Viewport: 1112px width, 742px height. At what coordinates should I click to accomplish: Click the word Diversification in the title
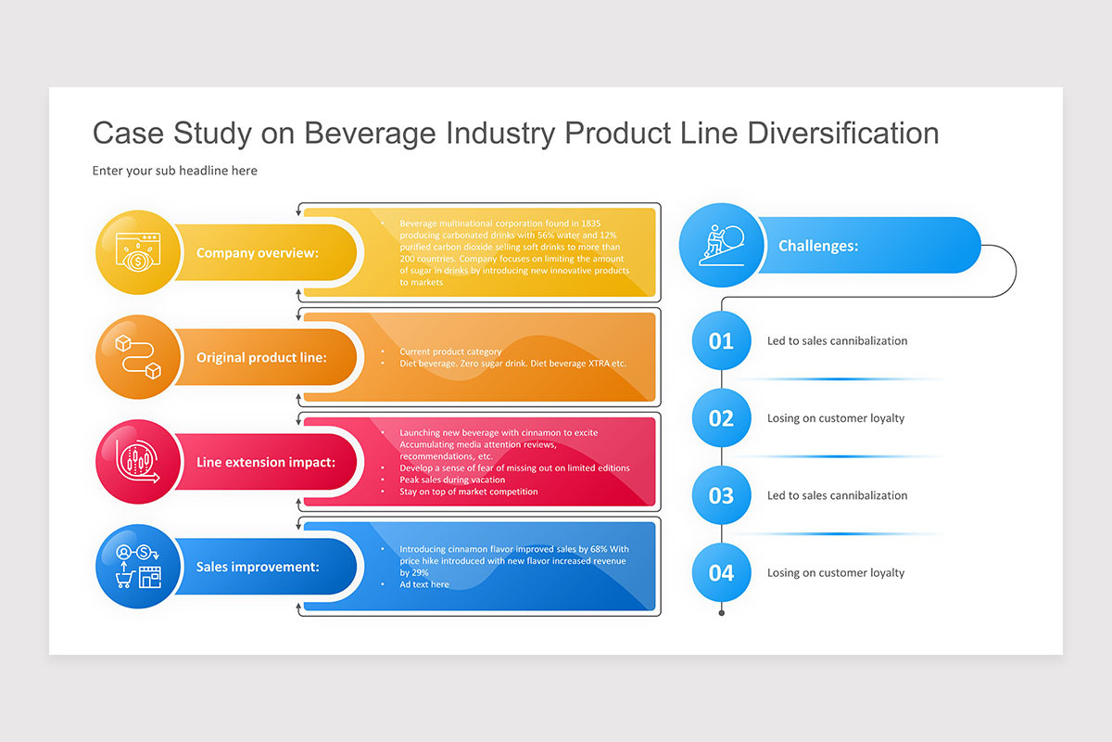(842, 133)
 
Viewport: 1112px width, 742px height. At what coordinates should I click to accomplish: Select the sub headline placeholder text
(175, 171)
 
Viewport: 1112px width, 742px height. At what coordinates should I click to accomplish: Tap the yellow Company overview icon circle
(138, 252)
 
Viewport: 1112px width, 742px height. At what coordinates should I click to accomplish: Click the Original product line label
(261, 357)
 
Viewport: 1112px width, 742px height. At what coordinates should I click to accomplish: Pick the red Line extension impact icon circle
(138, 461)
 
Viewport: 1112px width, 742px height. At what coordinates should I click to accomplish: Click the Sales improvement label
(258, 567)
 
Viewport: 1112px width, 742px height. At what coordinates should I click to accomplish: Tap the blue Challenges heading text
(817, 246)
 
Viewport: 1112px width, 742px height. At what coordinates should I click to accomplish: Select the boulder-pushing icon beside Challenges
(721, 245)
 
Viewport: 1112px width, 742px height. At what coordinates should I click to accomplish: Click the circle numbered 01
(721, 340)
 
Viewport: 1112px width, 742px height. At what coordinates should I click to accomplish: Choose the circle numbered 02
(721, 418)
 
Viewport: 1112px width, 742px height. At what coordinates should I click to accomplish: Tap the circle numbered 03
(721, 495)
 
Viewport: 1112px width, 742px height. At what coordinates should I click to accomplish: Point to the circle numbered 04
(721, 572)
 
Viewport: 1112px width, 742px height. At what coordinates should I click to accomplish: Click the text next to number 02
(836, 418)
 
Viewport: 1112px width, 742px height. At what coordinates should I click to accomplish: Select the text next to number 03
(837, 495)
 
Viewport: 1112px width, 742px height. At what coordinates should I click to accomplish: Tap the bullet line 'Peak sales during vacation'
(452, 480)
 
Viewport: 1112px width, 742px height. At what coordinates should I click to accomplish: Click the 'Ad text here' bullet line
(424, 584)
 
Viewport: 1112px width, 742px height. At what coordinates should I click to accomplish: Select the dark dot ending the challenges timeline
(721, 613)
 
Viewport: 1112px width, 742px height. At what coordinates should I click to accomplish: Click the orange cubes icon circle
(138, 357)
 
